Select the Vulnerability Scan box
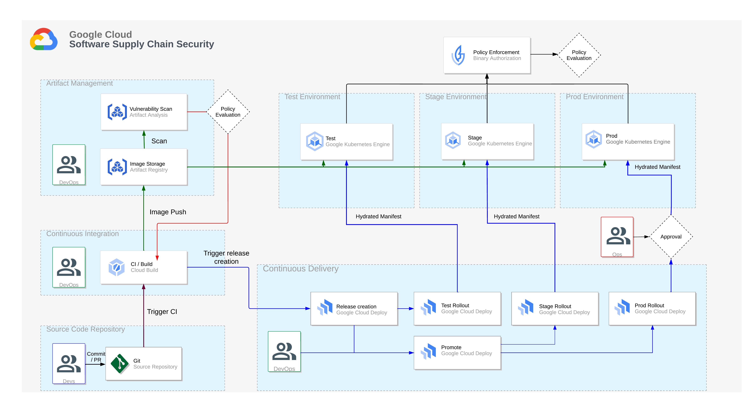[144, 112]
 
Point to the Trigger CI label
[162, 312]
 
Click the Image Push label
[168, 212]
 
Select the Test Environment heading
[312, 97]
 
